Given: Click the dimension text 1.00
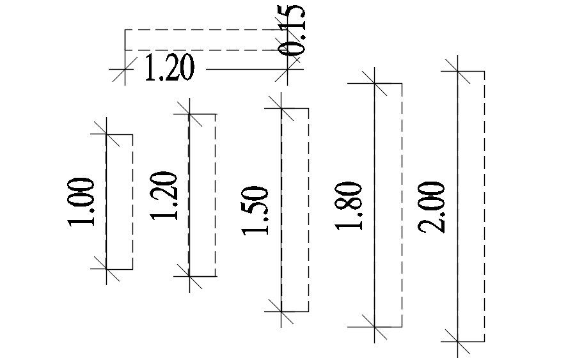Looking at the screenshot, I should [83, 202].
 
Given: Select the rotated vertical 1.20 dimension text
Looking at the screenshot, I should [165, 196].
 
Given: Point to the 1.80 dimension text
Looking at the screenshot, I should [350, 207].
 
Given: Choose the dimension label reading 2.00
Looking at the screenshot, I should [432, 207].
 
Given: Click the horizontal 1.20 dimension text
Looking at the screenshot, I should [169, 68].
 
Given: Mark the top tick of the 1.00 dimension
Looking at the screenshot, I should [106, 134].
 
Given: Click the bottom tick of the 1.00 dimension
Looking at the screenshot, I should [106, 269].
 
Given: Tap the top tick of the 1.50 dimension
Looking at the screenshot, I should [281, 108].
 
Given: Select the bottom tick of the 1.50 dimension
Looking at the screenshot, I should [281, 311].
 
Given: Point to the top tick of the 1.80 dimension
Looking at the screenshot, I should [375, 83].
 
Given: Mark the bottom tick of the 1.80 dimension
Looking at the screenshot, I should [375, 326].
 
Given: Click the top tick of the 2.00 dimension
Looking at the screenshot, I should [457, 71].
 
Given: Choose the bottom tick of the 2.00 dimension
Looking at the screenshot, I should [457, 341].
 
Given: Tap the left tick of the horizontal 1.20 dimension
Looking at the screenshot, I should [124, 68].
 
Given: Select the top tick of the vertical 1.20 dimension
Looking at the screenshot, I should [189, 114].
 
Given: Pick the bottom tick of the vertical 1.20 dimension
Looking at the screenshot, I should [189, 276].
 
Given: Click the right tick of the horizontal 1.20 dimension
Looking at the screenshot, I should [286, 68].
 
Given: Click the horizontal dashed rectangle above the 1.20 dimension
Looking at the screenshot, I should [205, 40].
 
